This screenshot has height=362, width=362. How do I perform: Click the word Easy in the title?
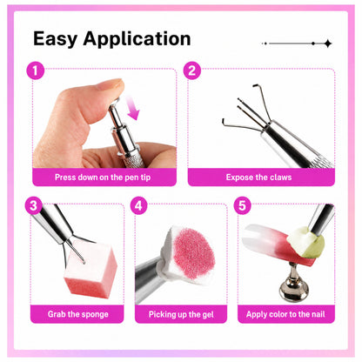tap(55, 39)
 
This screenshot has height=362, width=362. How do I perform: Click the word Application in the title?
tap(137, 39)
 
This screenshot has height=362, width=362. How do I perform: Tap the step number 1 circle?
tap(36, 71)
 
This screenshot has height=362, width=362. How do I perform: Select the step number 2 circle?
tap(192, 70)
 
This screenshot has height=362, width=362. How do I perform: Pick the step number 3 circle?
tap(34, 205)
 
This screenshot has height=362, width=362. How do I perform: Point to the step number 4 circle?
tap(139, 205)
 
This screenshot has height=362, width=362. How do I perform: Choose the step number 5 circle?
tap(242, 205)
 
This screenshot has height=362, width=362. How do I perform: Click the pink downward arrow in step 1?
tap(132, 108)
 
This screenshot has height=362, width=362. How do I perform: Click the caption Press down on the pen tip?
tap(103, 178)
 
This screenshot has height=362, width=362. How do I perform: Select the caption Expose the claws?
tap(258, 178)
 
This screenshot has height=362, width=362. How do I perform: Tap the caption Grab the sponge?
tap(78, 314)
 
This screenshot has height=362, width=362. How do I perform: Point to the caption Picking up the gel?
tap(181, 314)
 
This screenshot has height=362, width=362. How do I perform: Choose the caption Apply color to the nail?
tap(285, 314)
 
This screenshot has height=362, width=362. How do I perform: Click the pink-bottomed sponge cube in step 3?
tap(90, 268)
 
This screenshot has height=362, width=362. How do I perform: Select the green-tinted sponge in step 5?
tap(305, 243)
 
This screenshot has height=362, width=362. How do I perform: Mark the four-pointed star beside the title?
tap(328, 44)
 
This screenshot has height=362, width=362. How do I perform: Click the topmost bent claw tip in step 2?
tap(254, 85)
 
